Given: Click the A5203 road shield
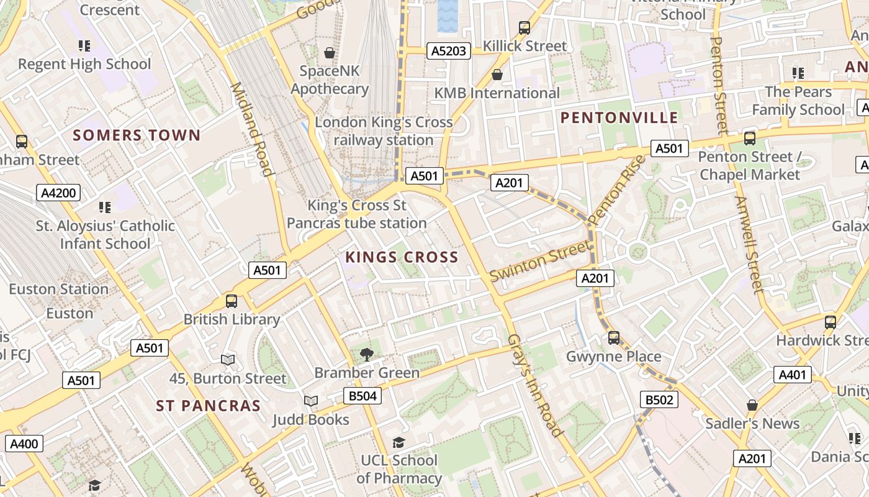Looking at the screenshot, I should click(448, 51).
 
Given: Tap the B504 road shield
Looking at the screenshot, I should click(362, 396).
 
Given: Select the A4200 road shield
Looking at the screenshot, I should click(58, 193).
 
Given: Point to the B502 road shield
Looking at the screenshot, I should click(659, 399).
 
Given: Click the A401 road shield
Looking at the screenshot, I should click(792, 375).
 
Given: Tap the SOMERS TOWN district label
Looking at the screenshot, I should click(137, 135).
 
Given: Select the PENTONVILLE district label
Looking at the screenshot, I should click(619, 118).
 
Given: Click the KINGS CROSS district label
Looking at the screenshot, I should click(402, 257).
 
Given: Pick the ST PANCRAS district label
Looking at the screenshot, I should click(208, 406).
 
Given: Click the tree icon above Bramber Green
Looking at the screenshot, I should click(367, 355).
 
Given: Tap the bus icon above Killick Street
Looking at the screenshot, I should click(525, 28).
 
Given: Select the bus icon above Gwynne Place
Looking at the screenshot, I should click(614, 338).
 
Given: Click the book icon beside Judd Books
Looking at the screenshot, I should click(311, 401).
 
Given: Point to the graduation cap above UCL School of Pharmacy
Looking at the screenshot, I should click(398, 442).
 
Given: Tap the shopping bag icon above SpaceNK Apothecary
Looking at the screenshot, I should click(330, 53).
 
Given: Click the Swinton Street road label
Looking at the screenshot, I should click(540, 260).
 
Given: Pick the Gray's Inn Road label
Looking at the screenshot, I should click(534, 385).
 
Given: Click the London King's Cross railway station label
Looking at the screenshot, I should click(384, 131).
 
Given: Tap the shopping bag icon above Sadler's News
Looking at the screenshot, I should click(752, 405).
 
